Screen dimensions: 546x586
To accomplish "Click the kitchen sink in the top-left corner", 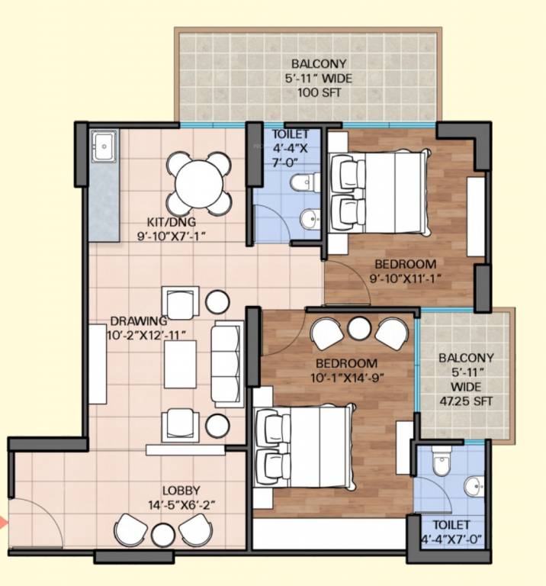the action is click(104, 146).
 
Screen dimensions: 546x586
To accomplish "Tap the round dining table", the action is click(199, 184).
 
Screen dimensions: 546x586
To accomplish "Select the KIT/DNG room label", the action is click(172, 222).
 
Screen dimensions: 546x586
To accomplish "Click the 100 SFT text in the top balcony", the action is click(320, 92).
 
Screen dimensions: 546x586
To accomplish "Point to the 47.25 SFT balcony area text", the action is click(466, 401).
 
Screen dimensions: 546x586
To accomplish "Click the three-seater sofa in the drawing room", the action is click(226, 365).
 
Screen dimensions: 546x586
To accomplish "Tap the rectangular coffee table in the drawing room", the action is click(181, 365).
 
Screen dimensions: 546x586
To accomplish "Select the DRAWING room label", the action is click(139, 321).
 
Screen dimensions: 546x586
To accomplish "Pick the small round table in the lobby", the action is click(163, 535).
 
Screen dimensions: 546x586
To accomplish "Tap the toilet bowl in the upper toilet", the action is click(304, 183).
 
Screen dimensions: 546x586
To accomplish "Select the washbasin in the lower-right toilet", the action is click(474, 487).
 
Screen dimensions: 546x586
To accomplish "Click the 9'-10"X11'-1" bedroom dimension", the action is click(406, 279).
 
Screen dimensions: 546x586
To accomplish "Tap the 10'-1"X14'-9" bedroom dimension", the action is click(347, 378).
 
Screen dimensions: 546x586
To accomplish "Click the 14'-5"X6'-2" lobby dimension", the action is click(182, 505).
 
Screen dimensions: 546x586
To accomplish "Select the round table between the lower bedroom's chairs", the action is click(359, 329).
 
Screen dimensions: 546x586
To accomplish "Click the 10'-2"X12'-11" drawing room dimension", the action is click(146, 336).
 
